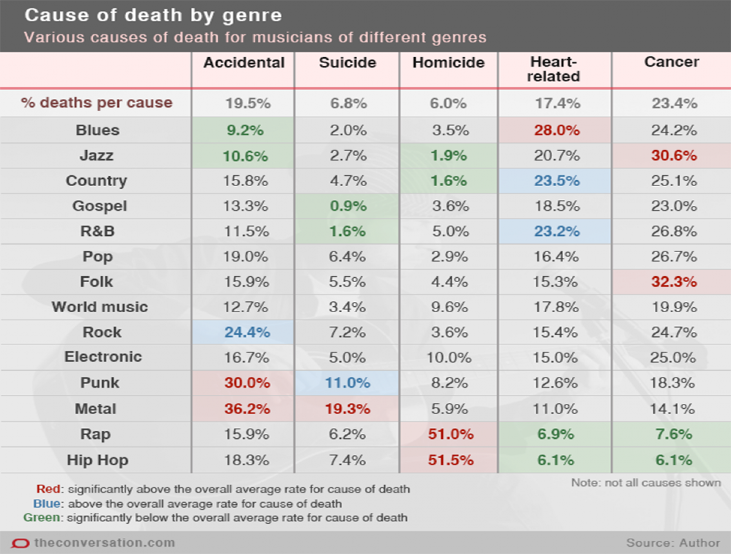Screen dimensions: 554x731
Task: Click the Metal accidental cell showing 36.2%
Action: [247, 409]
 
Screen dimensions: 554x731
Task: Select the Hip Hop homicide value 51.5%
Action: [450, 460]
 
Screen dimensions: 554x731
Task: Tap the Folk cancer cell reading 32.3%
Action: [673, 282]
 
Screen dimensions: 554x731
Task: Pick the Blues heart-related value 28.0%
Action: [557, 130]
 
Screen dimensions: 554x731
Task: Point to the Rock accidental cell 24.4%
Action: [247, 332]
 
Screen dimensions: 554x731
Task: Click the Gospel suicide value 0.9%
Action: [348, 206]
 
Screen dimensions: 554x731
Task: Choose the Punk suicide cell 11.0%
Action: [347, 383]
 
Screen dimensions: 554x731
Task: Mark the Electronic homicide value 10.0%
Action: [449, 358]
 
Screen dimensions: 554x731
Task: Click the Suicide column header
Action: [347, 63]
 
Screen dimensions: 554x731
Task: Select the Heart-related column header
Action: [553, 69]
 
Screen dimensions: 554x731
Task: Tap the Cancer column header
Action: [671, 62]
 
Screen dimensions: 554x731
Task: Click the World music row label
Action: [100, 307]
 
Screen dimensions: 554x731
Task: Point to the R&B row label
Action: [98, 231]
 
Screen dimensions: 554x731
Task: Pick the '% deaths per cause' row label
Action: [97, 102]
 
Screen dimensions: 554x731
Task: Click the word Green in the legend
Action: [42, 518]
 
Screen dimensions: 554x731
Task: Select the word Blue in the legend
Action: [47, 504]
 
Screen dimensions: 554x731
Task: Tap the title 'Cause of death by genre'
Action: [153, 15]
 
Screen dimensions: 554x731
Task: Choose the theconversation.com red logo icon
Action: [20, 543]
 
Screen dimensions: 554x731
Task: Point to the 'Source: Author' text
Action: [673, 543]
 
